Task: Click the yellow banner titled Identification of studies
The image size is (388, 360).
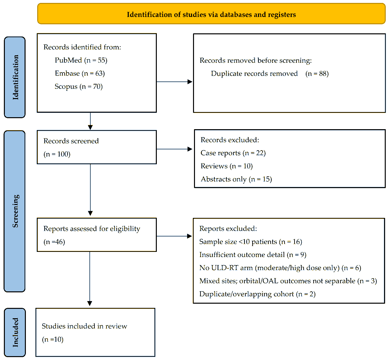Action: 211,14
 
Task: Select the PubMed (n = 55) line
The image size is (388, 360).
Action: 81,60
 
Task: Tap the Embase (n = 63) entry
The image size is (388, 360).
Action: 80,73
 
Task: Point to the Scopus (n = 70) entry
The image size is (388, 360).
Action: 79,86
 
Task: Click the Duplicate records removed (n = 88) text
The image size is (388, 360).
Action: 270,73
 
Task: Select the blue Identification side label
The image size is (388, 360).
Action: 15,77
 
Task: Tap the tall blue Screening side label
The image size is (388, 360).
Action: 15,211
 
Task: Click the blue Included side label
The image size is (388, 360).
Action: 15,332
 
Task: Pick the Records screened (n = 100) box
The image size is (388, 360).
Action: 97,147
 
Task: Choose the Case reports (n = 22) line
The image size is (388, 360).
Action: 233,153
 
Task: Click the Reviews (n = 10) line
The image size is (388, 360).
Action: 227,166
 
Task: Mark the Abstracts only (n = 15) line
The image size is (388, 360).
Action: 236,179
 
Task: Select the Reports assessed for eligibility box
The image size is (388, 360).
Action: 97,235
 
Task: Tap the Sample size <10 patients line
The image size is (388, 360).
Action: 251,242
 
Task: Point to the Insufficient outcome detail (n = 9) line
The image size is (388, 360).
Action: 253,255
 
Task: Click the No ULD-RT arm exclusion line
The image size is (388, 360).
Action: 280,268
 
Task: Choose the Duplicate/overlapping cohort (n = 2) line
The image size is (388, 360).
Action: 257,294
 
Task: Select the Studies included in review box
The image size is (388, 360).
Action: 95,332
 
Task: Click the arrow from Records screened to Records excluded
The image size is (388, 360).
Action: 175,149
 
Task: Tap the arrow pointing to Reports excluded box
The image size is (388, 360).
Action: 175,236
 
